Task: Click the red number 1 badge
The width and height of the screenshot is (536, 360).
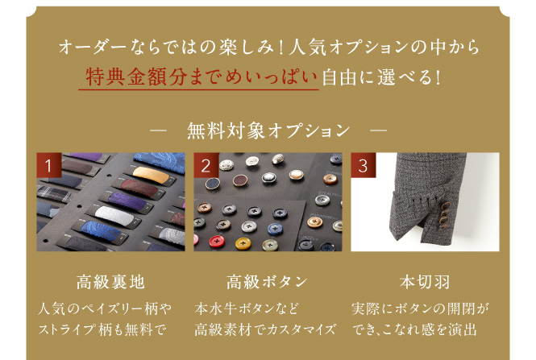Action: coord(49,165)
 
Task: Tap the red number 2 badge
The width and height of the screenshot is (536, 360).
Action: coord(206,165)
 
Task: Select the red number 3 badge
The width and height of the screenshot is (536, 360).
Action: coord(364,165)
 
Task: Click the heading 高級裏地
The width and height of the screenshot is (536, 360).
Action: coord(110,282)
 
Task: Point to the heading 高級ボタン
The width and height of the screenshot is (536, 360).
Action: coord(267,282)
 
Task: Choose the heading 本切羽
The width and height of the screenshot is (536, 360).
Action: coord(425,282)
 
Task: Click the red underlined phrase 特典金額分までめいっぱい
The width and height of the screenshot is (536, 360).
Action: coord(201,77)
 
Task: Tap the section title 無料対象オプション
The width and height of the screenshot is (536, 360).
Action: coord(268,130)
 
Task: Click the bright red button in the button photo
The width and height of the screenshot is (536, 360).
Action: coord(217,241)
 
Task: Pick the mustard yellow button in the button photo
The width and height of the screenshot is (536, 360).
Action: coord(243,243)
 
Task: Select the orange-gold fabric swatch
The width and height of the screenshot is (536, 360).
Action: coord(151,175)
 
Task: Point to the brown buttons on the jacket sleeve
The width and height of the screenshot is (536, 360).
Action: coord(445,215)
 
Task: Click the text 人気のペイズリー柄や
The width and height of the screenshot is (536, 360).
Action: coord(105,308)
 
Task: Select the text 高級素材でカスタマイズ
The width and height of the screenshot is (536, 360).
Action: coord(265,329)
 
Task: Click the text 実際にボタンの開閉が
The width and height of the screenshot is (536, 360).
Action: coord(420,308)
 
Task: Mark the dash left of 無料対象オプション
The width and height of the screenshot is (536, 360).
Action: coord(158,130)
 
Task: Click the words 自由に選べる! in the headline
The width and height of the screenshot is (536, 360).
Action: coord(380,77)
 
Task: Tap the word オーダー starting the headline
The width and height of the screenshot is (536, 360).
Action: coord(93,47)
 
